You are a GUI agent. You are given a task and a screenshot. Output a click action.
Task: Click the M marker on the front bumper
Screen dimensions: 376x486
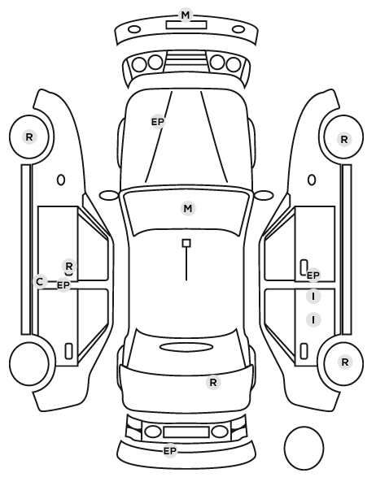coord(186,15)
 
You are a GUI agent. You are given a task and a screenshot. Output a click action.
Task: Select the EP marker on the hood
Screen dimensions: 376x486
coord(158,122)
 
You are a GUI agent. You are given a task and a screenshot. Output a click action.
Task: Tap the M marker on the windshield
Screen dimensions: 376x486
coord(188,209)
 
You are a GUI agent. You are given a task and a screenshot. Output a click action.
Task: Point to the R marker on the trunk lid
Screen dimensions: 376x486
coord(213,383)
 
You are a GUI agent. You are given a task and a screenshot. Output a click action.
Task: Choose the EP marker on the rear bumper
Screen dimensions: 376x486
coord(170,451)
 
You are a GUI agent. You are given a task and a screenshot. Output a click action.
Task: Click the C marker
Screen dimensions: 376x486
coord(40,282)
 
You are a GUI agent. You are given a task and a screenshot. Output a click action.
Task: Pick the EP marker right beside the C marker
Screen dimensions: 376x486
coord(63,284)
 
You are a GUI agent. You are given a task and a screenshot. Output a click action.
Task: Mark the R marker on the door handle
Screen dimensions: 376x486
coord(69,266)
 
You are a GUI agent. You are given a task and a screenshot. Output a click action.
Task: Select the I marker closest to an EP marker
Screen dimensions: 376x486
coord(313,297)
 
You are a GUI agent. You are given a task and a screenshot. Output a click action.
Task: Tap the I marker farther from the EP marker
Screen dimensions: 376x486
coord(313,319)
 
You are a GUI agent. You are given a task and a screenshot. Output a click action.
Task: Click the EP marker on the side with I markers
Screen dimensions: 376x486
coord(313,275)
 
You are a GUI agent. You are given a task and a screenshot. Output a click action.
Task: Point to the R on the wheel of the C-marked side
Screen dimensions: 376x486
coord(29,137)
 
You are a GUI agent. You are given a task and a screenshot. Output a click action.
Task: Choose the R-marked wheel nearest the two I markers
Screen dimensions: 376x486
coord(343,362)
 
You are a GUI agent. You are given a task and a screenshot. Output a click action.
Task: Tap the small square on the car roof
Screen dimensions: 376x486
coord(186,243)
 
